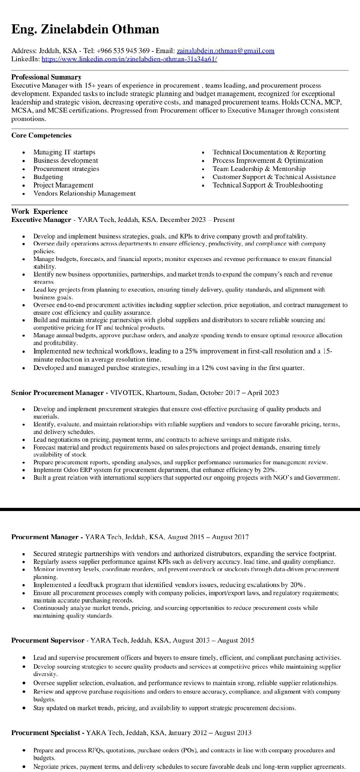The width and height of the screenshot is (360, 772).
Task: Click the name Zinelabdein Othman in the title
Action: tap(100, 29)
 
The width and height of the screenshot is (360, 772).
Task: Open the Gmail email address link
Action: tap(225, 51)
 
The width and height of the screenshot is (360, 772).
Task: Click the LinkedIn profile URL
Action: tap(129, 59)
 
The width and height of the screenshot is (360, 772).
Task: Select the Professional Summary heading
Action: tap(46, 77)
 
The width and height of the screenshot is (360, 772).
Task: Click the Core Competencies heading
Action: tap(41, 135)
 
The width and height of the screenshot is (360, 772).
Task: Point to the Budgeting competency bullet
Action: tap(48, 177)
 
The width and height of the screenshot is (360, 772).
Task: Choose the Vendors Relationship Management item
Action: tap(84, 193)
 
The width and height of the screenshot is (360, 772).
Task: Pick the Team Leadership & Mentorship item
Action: tap(259, 169)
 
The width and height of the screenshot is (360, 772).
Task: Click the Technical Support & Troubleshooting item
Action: tap(268, 185)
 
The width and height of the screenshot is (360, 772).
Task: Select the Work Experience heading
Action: tap(39, 211)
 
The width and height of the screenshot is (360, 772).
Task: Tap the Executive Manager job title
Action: tap(41, 220)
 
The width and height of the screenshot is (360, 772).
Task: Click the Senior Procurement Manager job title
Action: tap(57, 393)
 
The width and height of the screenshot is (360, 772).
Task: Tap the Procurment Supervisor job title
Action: tap(48, 640)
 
